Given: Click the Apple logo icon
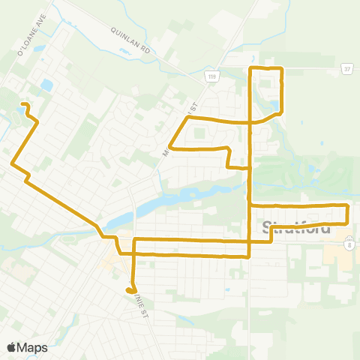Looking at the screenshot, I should pos(10,347).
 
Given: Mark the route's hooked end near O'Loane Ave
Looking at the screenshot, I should pos(22,104).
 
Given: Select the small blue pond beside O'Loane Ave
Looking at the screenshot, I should pos(47,85).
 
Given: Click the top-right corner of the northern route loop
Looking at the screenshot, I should pos(280,68).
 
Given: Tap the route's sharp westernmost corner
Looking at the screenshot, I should pos(12,163).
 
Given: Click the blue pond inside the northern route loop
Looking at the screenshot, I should pos(274,105).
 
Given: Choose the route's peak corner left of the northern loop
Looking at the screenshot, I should pos(187,118).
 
